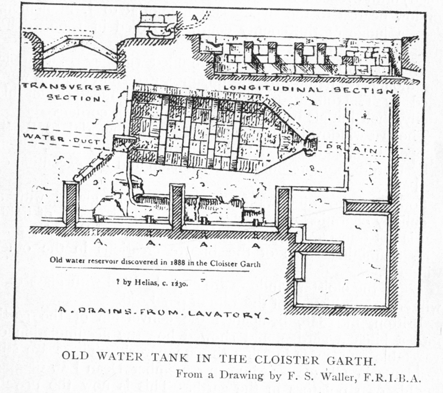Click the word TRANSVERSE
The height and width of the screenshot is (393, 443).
pos(66,87)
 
